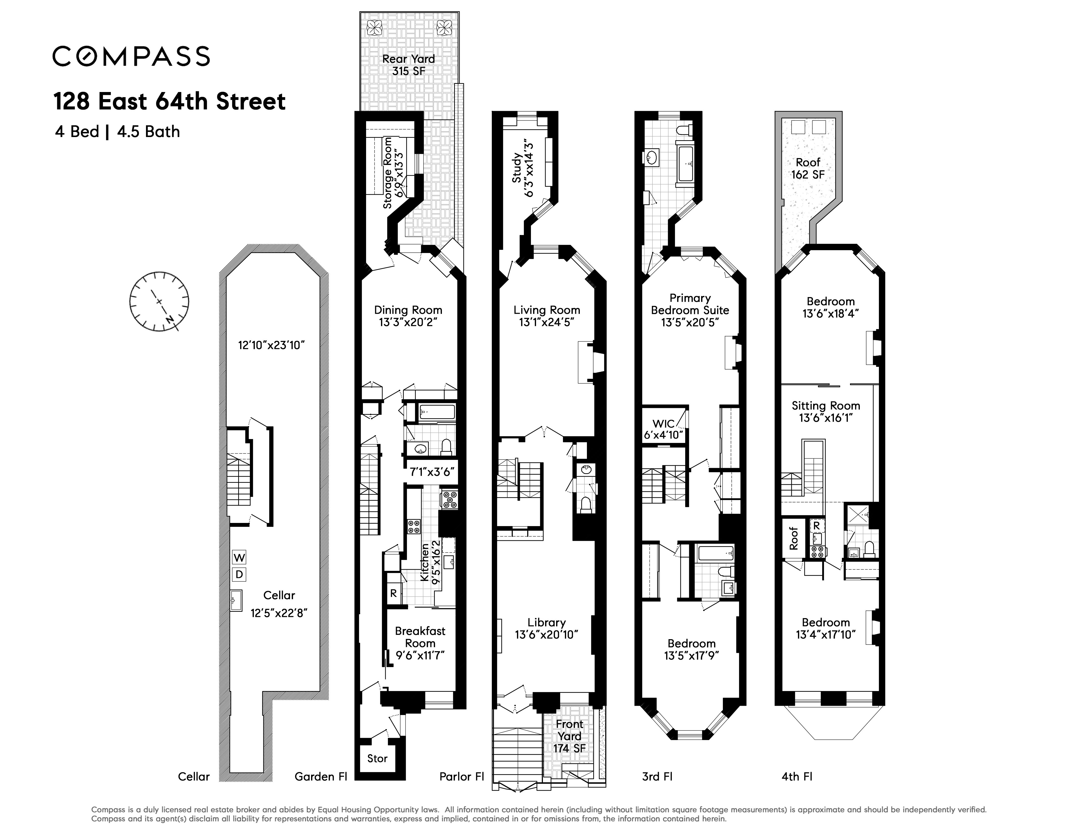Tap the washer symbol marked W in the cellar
click(x=239, y=557)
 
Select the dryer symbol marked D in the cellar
click(x=239, y=574)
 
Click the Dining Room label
click(x=408, y=310)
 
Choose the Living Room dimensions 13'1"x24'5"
click(x=547, y=322)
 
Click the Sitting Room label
click(x=826, y=406)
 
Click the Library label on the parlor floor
click(x=546, y=623)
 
